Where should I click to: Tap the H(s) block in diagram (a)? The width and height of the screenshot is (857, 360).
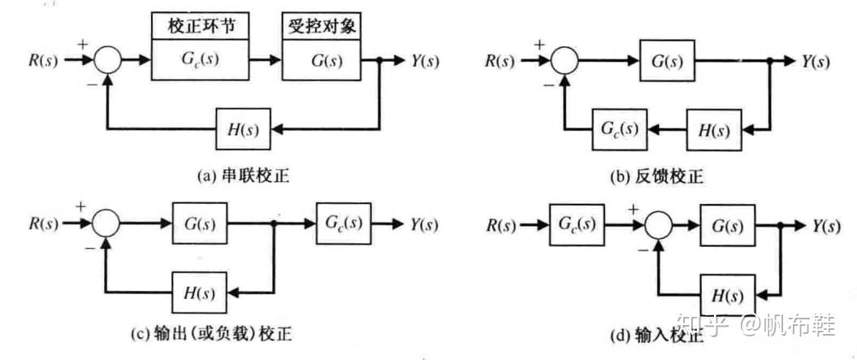point(243,130)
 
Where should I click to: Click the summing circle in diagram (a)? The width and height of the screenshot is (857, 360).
point(108,59)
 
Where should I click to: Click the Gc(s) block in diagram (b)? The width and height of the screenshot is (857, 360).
point(620,130)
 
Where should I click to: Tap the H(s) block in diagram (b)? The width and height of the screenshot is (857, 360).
point(714,130)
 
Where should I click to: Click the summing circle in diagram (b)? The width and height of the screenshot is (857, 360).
point(565,59)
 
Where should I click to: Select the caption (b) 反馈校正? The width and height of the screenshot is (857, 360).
point(656,176)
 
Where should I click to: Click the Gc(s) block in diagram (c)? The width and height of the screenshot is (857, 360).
point(344,223)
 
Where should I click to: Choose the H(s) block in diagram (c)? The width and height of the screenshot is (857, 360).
point(200,293)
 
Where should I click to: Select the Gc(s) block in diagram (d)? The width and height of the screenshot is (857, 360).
point(578,223)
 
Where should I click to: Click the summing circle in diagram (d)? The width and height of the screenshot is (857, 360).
point(660,224)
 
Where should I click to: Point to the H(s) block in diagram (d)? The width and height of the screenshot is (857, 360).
point(728,294)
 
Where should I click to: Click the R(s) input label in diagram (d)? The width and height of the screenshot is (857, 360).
point(500,224)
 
